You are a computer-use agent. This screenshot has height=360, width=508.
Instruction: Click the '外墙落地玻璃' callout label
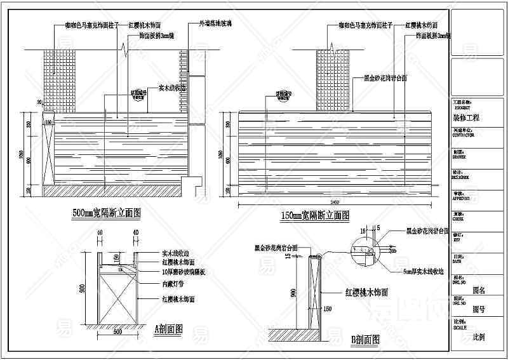click(215, 24)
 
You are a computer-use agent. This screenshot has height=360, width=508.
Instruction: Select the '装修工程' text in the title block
click(466, 117)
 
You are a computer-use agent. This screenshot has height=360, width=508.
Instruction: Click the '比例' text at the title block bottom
click(478, 336)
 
